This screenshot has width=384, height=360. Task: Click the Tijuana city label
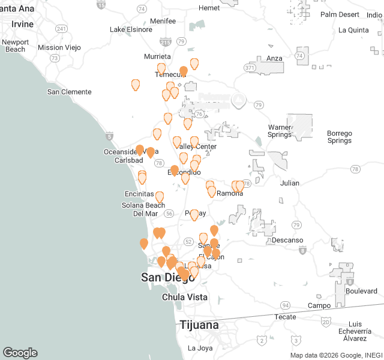point(199,325)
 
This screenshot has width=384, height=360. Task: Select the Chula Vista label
point(185,297)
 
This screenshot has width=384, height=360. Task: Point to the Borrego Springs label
point(339,137)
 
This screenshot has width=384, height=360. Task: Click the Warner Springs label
point(280,131)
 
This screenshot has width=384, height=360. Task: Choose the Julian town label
point(289,183)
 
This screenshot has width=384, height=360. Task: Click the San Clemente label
point(69,92)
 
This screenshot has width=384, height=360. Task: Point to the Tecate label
point(285,316)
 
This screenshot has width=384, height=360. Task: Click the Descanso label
point(287,240)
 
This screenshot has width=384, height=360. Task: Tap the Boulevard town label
point(361,291)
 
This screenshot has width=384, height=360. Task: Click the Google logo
point(20,353)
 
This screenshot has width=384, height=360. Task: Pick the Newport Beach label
point(14,46)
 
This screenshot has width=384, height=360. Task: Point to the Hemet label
point(209,8)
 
